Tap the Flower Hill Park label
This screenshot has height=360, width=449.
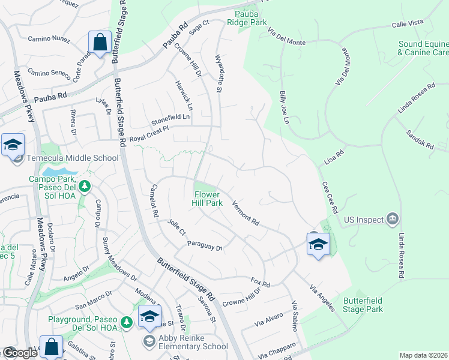[208, 199]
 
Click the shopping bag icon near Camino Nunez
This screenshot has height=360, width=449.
[100, 43]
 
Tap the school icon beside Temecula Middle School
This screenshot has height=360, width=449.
[13, 145]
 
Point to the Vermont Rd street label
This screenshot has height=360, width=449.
[246, 213]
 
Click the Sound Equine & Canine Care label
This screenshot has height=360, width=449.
[423, 49]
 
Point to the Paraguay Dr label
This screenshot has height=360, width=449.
[205, 245]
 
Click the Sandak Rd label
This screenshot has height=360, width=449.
[420, 140]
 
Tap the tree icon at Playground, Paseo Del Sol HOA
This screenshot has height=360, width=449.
[127, 323]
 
